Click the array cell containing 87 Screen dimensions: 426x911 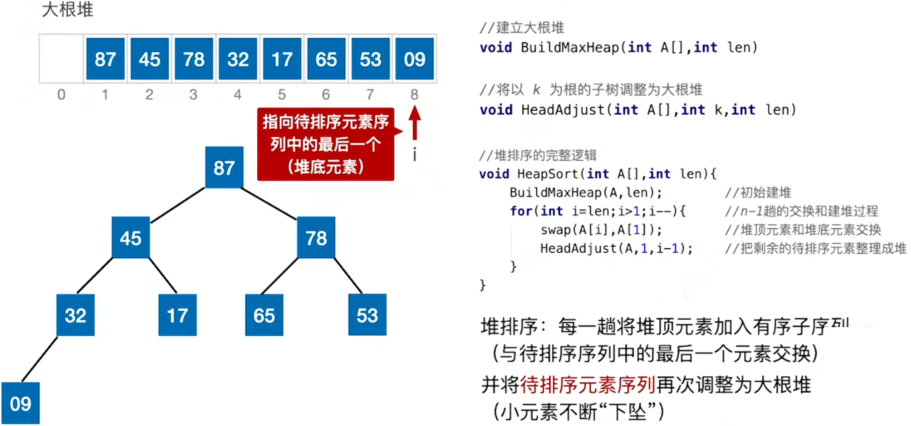(105, 59)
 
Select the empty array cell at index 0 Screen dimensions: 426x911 (60, 59)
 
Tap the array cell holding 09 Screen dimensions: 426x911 (414, 59)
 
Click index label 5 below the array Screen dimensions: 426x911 (282, 95)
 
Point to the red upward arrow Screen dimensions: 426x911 (415, 125)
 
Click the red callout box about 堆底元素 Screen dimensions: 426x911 (326, 144)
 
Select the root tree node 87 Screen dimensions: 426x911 (224, 167)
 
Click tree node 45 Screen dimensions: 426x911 (130, 238)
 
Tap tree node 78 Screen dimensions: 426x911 (316, 238)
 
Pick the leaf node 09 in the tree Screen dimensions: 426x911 (20, 403)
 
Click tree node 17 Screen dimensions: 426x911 (177, 315)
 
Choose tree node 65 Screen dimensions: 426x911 (264, 315)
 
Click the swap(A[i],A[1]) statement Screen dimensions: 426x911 (601, 230)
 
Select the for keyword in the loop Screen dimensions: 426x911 (521, 211)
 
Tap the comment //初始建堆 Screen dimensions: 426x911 (758, 192)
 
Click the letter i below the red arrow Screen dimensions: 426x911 (415, 155)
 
